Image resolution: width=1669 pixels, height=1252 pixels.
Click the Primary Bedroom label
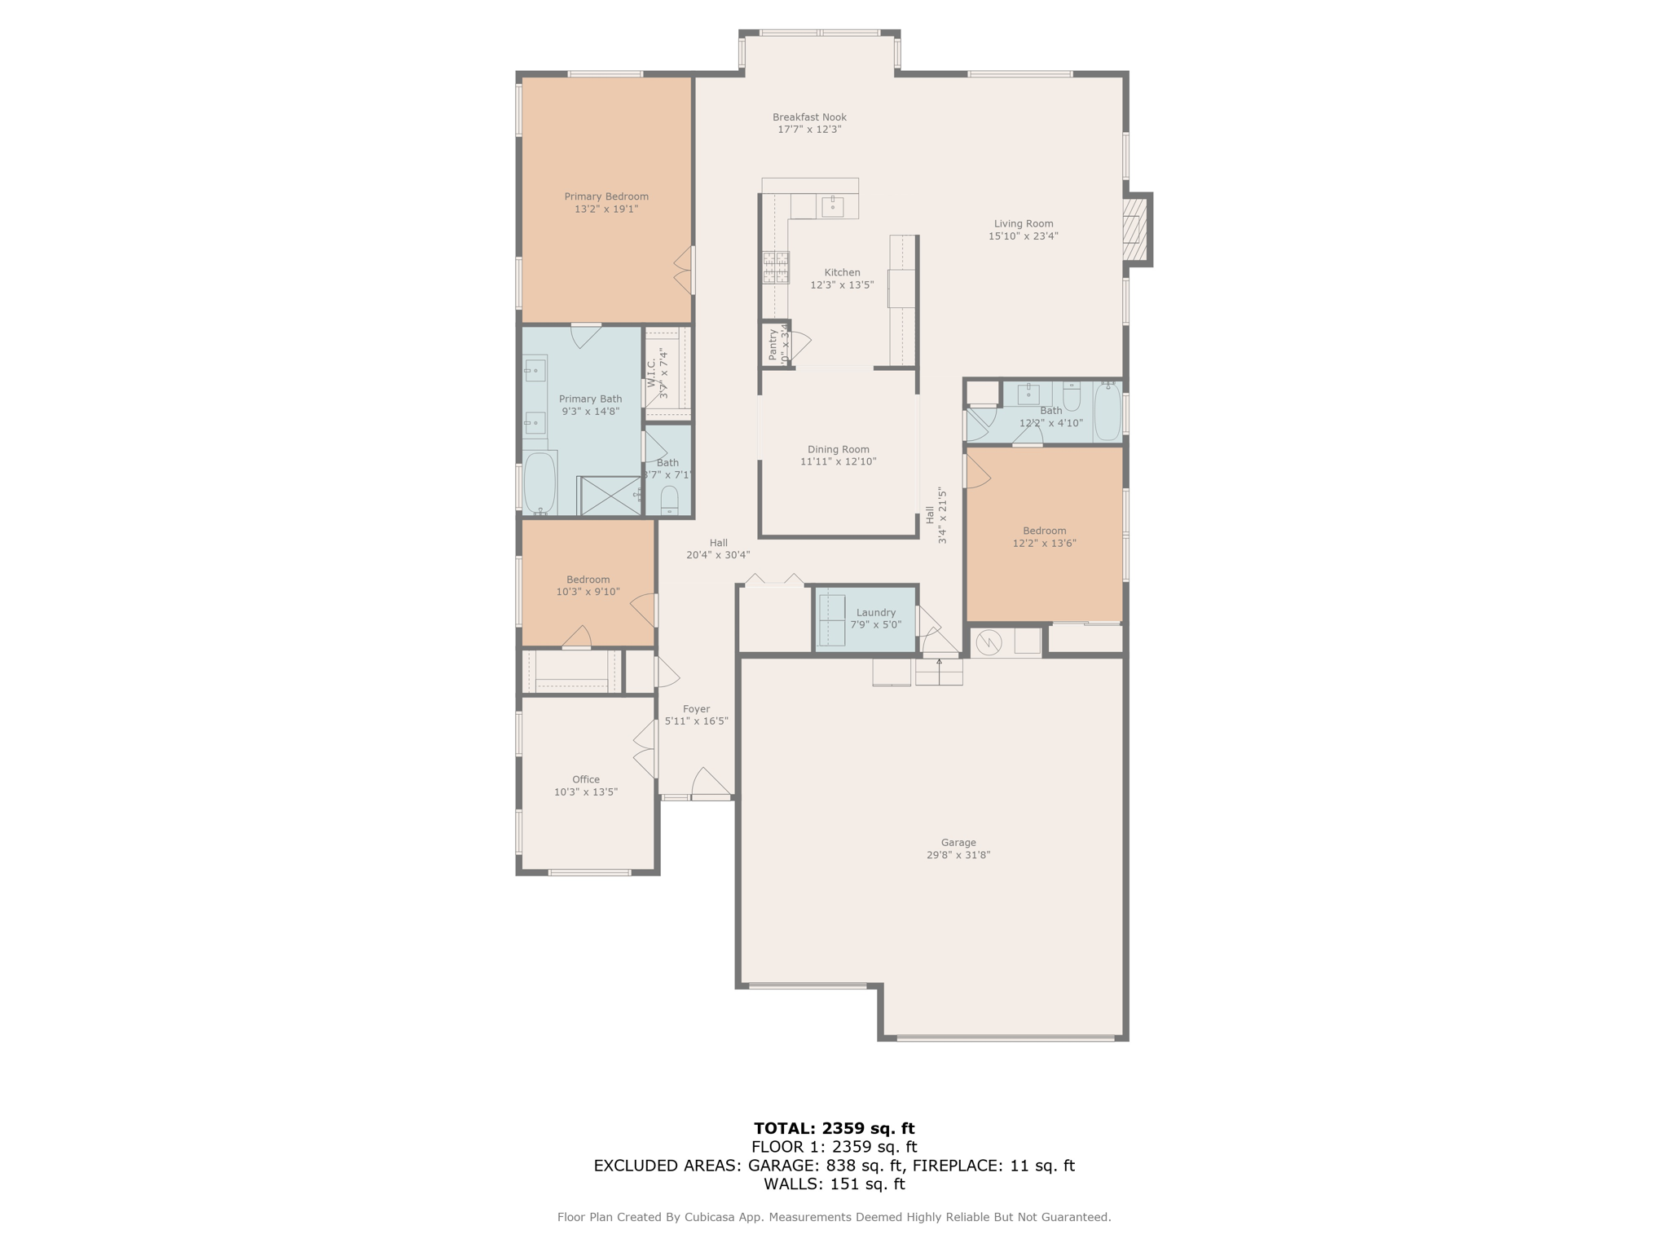606,196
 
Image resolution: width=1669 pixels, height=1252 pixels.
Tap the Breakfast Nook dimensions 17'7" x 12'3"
809,130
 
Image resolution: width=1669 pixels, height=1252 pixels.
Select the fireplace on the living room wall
1134,230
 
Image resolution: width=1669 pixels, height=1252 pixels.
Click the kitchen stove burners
775,267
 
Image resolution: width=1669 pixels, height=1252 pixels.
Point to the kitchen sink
832,206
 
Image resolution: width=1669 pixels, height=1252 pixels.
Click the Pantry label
773,345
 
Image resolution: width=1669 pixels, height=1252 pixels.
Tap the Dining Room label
838,449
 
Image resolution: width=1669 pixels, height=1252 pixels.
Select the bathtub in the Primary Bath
539,483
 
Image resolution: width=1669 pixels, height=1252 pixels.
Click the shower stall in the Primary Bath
610,496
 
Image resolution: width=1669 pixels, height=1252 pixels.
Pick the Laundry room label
875,612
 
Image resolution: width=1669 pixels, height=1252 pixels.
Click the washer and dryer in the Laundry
831,620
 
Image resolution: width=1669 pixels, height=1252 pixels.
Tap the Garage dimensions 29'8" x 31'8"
958,855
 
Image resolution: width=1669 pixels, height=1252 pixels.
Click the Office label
585,779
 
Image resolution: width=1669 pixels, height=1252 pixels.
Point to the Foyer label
696,709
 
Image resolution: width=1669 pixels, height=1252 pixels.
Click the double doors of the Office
645,748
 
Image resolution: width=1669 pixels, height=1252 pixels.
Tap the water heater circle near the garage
989,642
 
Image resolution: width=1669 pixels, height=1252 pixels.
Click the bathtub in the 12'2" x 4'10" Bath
1107,412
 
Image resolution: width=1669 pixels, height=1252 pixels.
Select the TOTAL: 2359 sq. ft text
834,1128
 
